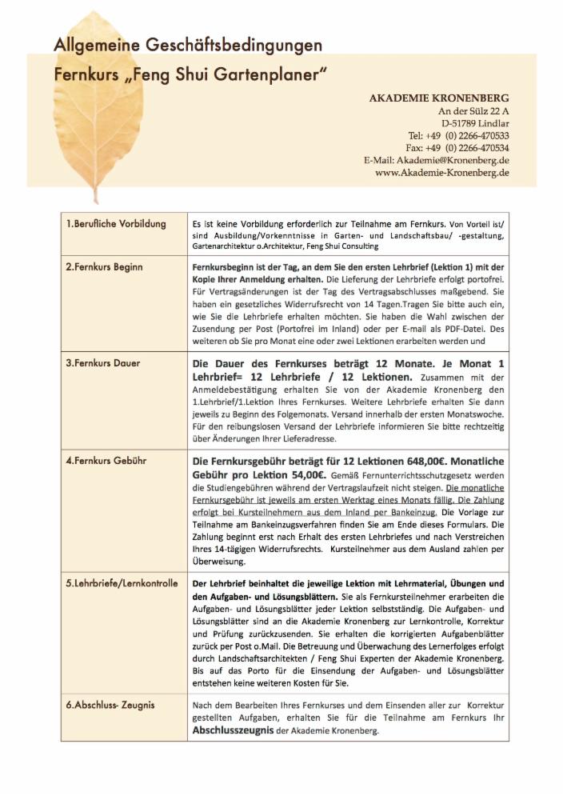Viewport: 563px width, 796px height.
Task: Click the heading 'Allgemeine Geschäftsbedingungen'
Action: (x=188, y=46)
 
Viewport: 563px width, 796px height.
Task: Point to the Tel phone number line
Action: (x=458, y=136)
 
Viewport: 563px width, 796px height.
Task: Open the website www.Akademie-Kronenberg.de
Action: (x=442, y=173)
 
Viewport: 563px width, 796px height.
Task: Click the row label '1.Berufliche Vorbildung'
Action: (x=116, y=223)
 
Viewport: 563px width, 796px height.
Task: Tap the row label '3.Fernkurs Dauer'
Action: (x=102, y=363)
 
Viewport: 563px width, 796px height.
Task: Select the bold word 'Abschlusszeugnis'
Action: (x=234, y=730)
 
